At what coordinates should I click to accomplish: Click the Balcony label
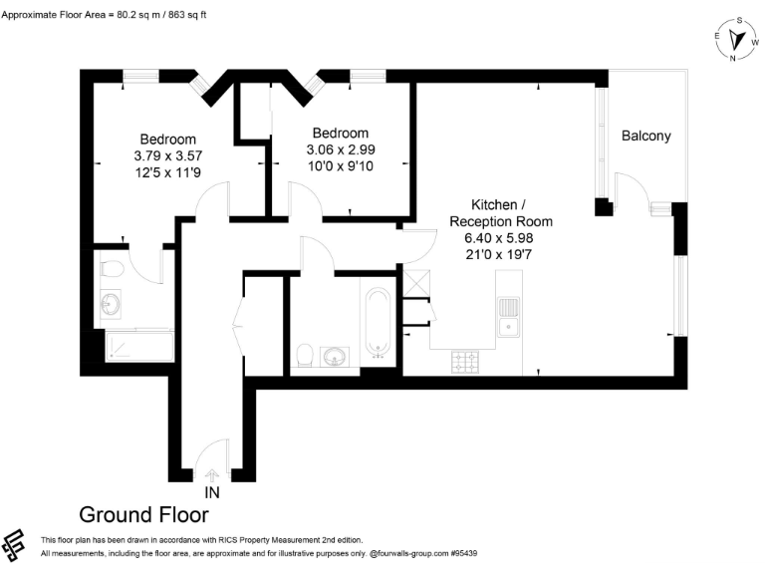645,137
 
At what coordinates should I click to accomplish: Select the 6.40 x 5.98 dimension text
500,238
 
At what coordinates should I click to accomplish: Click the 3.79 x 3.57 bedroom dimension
167,155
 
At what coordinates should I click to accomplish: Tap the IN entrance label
211,492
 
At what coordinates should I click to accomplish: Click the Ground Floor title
143,514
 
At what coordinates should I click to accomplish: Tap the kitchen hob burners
466,361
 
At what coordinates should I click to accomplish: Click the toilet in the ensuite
111,268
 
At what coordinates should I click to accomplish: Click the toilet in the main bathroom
306,356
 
